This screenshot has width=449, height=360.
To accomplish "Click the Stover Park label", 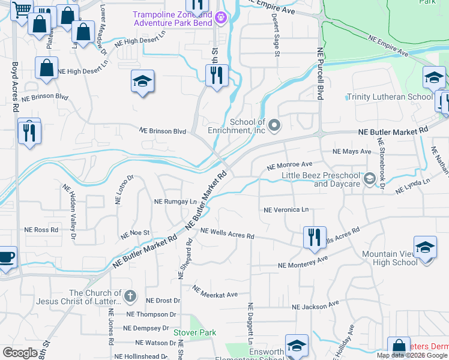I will point(194,332).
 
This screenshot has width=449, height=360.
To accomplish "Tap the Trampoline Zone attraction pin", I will point(221,17).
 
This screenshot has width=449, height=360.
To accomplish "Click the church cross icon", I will point(131,296).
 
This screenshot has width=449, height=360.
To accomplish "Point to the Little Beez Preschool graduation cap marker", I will point(370,178).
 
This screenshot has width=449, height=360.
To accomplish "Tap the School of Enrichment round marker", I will point(274,125).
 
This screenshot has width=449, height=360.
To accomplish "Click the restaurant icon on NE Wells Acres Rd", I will point(315,238).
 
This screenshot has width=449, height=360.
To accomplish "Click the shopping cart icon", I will point(21,9).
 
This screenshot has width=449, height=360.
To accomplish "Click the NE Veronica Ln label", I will point(286,210).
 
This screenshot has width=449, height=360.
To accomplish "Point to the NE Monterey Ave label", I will point(303,262).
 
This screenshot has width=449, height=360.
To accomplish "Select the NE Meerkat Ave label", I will point(215,292).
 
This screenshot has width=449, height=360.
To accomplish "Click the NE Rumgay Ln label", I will point(176,202).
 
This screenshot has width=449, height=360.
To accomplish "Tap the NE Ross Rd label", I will point(41,230).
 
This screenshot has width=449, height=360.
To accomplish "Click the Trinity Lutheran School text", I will point(390,97).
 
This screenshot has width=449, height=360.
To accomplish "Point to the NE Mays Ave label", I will point(352,151).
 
